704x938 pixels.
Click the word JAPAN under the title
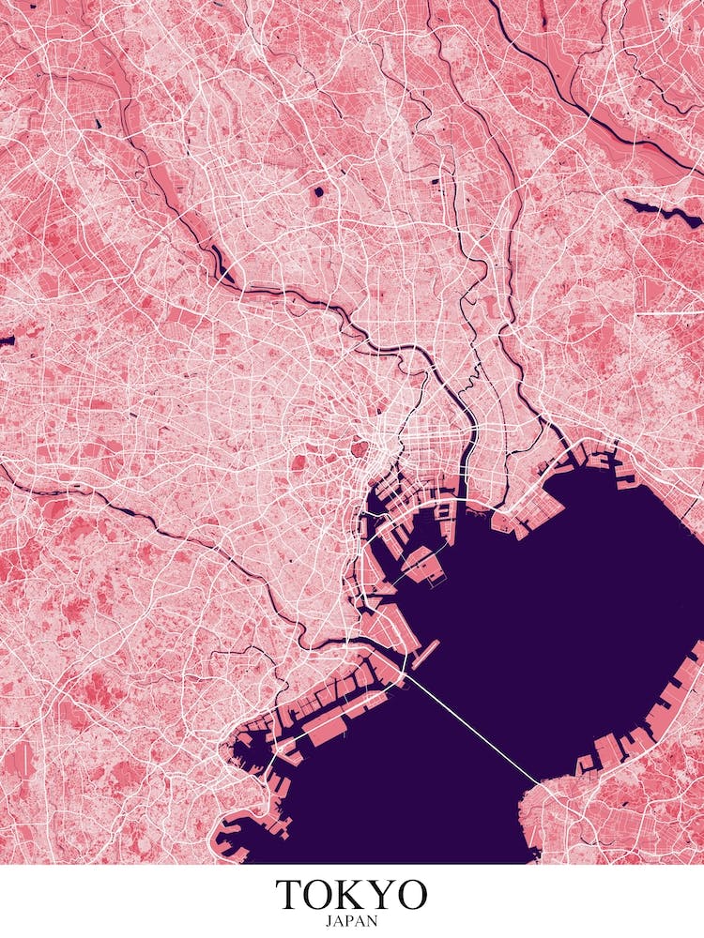tap(351, 921)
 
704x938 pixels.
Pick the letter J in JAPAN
tap(329, 921)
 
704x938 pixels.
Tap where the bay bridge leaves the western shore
tap(407, 673)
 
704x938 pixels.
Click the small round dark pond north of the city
tap(317, 192)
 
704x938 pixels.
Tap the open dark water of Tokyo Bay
tap(582, 600)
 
